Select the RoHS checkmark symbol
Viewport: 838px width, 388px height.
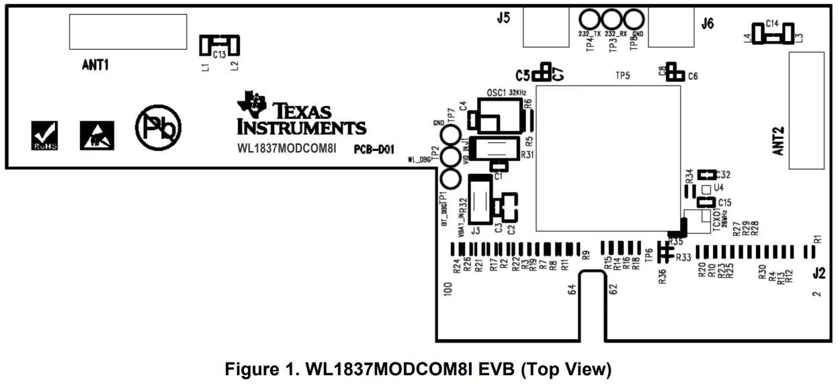pos(46,135)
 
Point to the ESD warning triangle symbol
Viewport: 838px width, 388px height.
pos(97,136)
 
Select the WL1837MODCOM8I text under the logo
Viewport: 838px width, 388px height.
pos(286,148)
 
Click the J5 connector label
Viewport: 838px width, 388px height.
pos(503,19)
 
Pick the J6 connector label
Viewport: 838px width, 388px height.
pos(708,24)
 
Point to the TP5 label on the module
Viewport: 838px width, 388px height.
pos(622,76)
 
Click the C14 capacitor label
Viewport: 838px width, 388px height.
pos(771,23)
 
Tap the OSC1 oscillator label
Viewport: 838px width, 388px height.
pos(495,91)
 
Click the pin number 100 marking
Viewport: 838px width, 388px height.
pos(448,289)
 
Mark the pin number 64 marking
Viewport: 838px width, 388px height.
pos(573,290)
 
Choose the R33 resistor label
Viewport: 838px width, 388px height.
pos(683,257)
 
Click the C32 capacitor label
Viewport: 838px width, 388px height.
pos(724,175)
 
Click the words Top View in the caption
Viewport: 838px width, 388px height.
pos(575,369)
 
